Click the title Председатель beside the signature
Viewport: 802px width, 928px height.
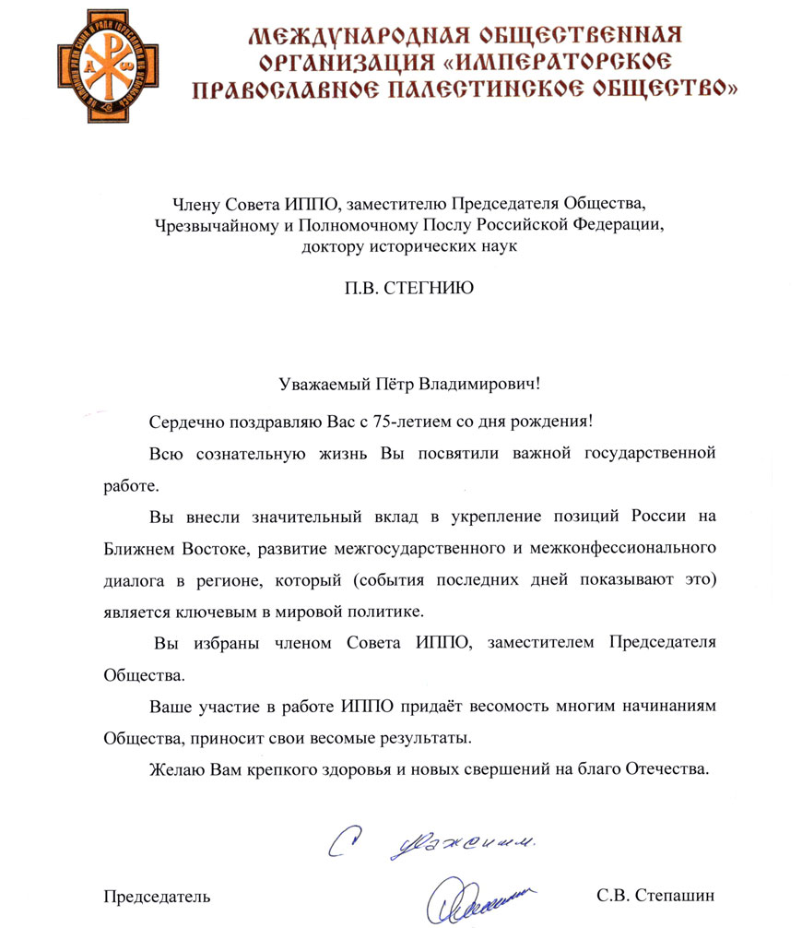click(156, 896)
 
